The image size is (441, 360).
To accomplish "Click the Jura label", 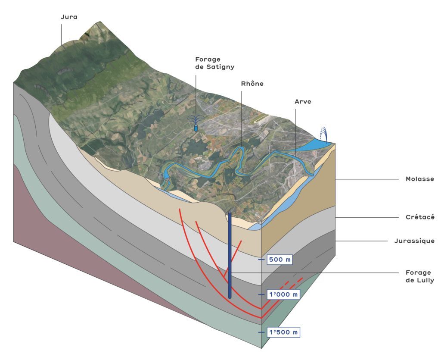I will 69,17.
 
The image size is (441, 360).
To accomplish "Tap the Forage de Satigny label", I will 208,63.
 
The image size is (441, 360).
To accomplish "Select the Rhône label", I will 252,84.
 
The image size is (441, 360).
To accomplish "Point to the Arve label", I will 303,102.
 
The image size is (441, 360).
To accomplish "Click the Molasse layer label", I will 419,179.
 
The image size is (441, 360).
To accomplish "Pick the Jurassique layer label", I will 414,241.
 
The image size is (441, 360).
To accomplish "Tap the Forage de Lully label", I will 419,276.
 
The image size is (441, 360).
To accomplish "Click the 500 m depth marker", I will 280,260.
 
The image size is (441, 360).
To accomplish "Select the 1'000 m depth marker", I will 283,294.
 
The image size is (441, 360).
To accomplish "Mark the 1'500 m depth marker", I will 283,332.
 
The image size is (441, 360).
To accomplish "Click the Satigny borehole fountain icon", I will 196,124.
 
